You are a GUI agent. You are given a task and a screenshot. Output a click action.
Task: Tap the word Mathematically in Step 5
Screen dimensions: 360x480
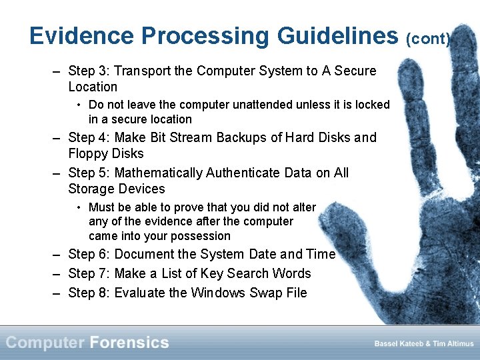pyautogui.click(x=159, y=173)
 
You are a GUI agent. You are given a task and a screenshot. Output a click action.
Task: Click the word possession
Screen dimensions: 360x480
pyautogui.click(x=200, y=236)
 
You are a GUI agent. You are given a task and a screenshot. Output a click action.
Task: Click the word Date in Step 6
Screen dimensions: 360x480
pyautogui.click(x=261, y=254)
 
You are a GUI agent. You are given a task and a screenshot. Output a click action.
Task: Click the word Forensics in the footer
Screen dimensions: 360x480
pyautogui.click(x=129, y=343)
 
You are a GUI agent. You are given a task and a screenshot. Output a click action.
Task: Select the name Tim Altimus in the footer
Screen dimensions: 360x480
pyautogui.click(x=453, y=343)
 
